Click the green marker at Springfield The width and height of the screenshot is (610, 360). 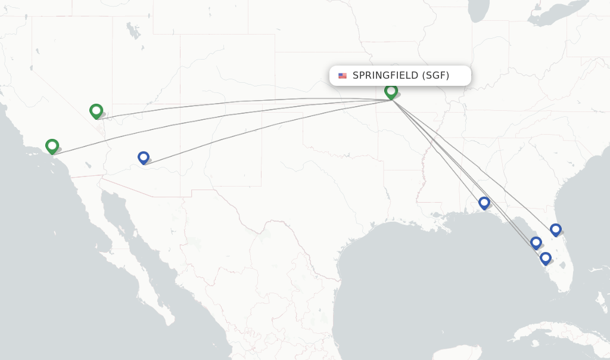pos(391,91)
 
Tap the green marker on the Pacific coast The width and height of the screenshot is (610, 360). pos(52,145)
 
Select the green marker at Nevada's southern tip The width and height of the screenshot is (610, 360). pos(96,111)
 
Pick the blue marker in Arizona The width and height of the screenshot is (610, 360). pos(143,157)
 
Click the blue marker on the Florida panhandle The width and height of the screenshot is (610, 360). pos(484,203)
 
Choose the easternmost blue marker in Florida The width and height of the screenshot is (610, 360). pos(555,229)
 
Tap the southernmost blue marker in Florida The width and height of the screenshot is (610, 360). pos(545,258)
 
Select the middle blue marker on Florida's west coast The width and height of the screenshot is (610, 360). pos(536,243)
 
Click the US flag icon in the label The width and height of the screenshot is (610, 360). pos(343,76)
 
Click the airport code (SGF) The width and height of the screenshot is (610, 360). pos(436,76)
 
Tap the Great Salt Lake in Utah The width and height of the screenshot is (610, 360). pos(133,30)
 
